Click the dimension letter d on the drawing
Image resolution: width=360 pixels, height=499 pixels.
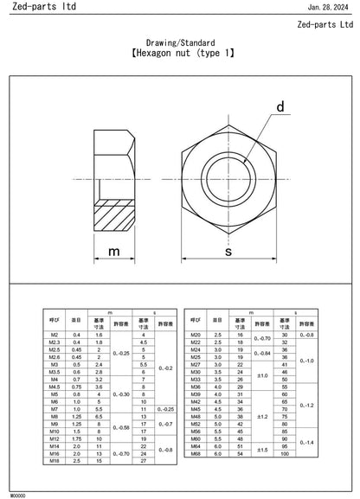click(x=280, y=107)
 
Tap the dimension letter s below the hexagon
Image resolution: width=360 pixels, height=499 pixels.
click(x=228, y=251)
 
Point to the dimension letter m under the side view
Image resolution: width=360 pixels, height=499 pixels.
click(x=114, y=251)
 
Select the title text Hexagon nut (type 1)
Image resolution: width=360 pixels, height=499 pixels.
click(x=180, y=54)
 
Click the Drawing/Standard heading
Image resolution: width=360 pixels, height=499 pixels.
click(x=180, y=42)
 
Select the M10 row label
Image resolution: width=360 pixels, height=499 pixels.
click(x=54, y=431)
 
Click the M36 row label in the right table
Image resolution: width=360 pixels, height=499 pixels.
click(x=195, y=386)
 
